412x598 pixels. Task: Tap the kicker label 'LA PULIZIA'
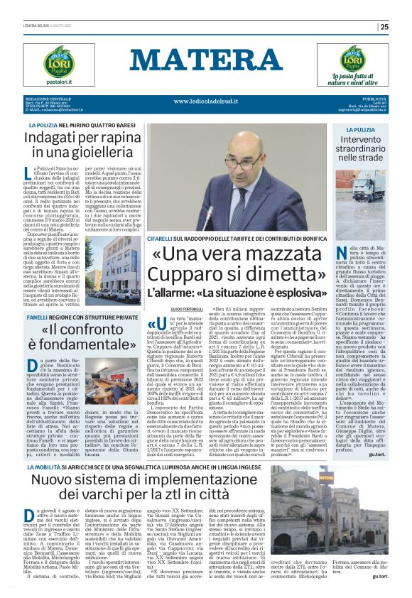362,131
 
